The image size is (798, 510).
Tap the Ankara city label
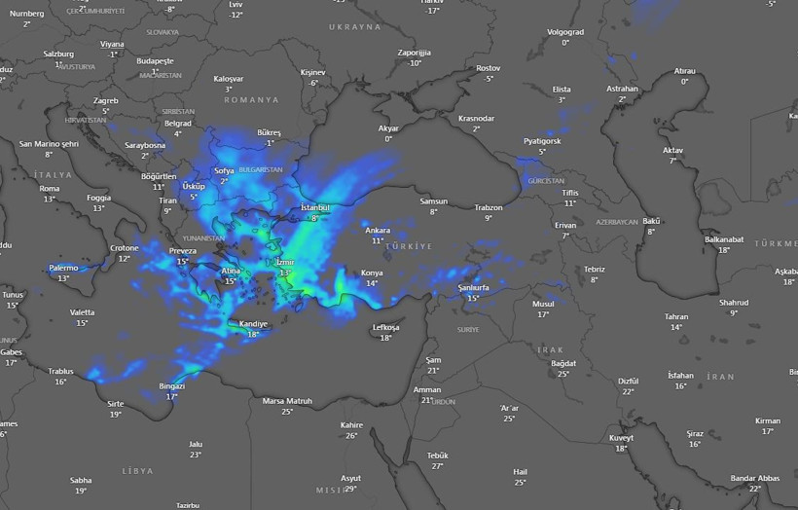(x=378, y=230)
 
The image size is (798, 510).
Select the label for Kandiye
(x=253, y=324)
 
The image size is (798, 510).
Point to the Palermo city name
(x=63, y=268)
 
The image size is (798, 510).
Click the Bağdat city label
(x=563, y=363)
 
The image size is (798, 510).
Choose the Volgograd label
(x=565, y=32)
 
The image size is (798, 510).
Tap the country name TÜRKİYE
(x=408, y=247)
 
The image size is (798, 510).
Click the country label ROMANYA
(x=251, y=100)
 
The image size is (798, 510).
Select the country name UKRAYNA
(x=354, y=27)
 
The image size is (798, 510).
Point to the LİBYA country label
(x=138, y=471)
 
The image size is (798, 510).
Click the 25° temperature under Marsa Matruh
(x=287, y=412)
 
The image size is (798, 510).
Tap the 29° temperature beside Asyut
(x=350, y=489)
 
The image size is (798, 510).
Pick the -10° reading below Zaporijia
(x=415, y=63)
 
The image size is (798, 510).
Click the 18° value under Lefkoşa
(x=386, y=338)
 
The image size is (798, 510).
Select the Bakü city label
(x=651, y=221)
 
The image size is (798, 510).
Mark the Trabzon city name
(x=489, y=207)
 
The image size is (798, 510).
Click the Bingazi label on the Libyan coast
(x=172, y=385)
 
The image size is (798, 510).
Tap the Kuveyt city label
(x=622, y=437)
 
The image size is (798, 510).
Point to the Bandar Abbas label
(x=755, y=478)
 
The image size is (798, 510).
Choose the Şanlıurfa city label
(x=474, y=288)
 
